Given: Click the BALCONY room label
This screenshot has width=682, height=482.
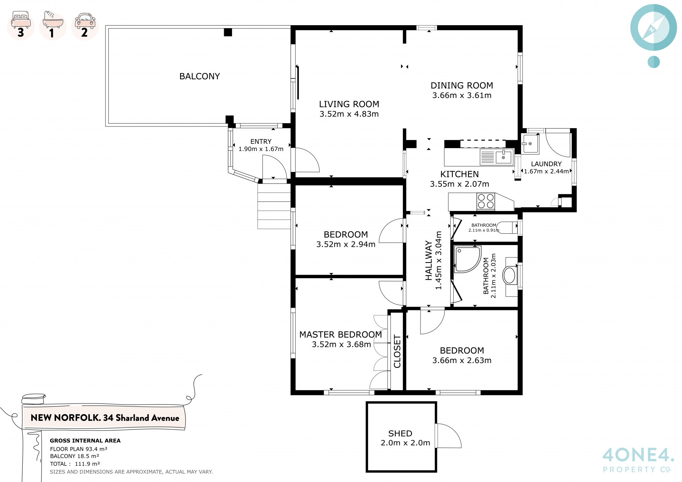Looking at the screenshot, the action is (200, 76).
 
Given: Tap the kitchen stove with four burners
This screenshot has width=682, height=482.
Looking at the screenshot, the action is (486, 201).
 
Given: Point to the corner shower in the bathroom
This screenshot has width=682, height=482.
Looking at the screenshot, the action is (468, 259).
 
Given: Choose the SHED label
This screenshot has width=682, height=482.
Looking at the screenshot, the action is (400, 433).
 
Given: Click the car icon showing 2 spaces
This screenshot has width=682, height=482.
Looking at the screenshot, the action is (85, 26).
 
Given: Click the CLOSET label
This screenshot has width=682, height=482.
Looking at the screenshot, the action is (397, 351).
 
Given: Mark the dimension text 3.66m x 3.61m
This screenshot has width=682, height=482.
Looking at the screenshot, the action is (462, 95).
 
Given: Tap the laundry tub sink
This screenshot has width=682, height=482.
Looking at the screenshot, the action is (530, 143).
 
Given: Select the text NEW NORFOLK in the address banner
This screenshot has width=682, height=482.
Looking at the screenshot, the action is (65, 418).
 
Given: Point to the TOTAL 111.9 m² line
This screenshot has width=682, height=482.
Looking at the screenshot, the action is (75, 464).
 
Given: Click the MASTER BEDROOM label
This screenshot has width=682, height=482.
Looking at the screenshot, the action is (341, 335).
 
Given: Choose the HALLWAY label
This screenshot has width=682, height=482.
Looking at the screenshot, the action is (429, 260).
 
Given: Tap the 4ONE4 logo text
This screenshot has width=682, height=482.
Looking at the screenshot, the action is (638, 455).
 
